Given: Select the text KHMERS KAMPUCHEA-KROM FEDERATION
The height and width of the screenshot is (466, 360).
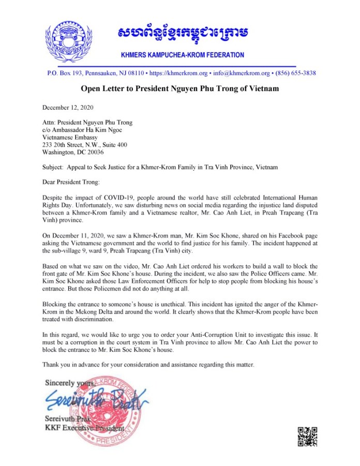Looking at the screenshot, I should click(x=183, y=55).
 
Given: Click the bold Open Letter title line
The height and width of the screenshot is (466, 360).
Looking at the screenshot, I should click(x=179, y=89).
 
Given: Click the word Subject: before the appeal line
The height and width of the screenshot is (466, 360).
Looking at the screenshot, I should click(x=53, y=168).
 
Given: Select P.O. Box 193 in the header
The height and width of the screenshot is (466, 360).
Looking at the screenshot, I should click(x=64, y=73).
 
